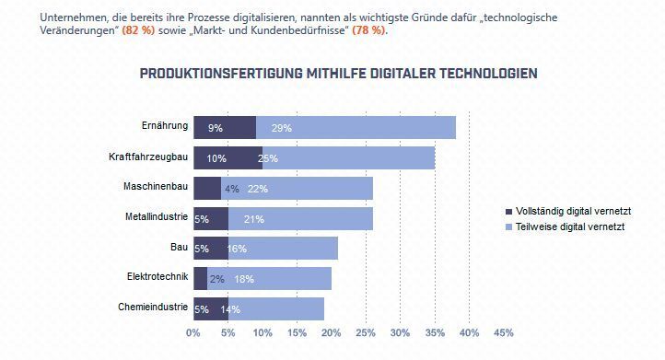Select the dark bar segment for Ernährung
(225, 127)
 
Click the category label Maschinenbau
(156, 187)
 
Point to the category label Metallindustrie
(157, 217)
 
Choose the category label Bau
(179, 247)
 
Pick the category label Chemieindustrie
(153, 307)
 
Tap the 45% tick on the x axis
(504, 332)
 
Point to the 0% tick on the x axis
(193, 332)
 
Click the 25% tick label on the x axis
(366, 332)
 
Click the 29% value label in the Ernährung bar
(282, 128)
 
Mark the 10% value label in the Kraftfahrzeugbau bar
(216, 158)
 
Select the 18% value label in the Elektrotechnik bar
(244, 279)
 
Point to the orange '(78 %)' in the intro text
(368, 30)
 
